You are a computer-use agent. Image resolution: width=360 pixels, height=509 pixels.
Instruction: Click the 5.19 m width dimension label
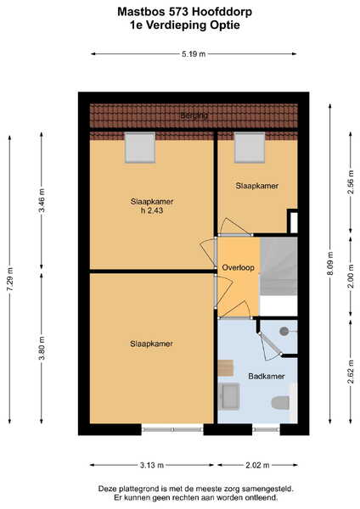tap(194, 54)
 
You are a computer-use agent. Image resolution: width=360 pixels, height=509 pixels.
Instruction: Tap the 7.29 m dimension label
tap(9, 279)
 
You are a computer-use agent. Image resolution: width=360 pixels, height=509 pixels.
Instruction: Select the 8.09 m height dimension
tap(330, 263)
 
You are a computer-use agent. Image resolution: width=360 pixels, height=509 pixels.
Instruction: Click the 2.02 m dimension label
tap(257, 465)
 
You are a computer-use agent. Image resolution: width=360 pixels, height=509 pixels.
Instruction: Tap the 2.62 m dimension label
tap(351, 372)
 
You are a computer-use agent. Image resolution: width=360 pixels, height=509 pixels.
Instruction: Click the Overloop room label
tap(238, 267)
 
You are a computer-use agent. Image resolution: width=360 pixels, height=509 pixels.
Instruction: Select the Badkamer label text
tap(267, 376)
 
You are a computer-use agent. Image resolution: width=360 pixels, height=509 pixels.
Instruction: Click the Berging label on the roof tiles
tap(194, 115)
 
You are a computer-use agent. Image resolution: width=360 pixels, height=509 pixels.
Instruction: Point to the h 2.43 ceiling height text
tap(152, 210)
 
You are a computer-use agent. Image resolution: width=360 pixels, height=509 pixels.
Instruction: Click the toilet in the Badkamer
tap(280, 402)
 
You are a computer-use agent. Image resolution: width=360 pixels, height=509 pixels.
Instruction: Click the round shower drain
tap(284, 331)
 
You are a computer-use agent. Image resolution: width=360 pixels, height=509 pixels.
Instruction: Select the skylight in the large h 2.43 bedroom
tap(140, 148)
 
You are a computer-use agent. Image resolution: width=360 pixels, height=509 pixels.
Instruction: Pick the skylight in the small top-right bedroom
tap(250, 148)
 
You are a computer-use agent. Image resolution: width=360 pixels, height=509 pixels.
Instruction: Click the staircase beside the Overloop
tap(278, 266)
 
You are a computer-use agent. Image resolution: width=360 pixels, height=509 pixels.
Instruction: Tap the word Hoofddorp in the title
tap(222, 12)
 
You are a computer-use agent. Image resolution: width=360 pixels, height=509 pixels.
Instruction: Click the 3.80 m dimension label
tap(42, 348)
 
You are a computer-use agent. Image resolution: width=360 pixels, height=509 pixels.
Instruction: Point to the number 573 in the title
tap(178, 12)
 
